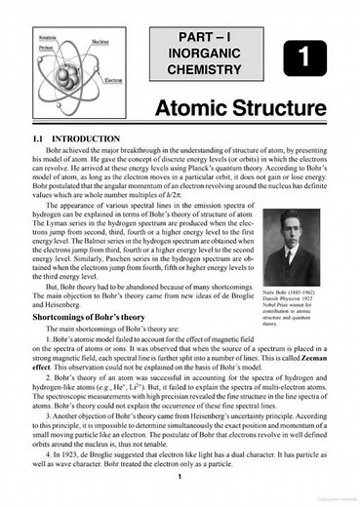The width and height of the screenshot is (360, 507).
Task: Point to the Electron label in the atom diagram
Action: pos(112,80)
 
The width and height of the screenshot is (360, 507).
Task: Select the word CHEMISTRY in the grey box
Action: pos(204,70)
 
